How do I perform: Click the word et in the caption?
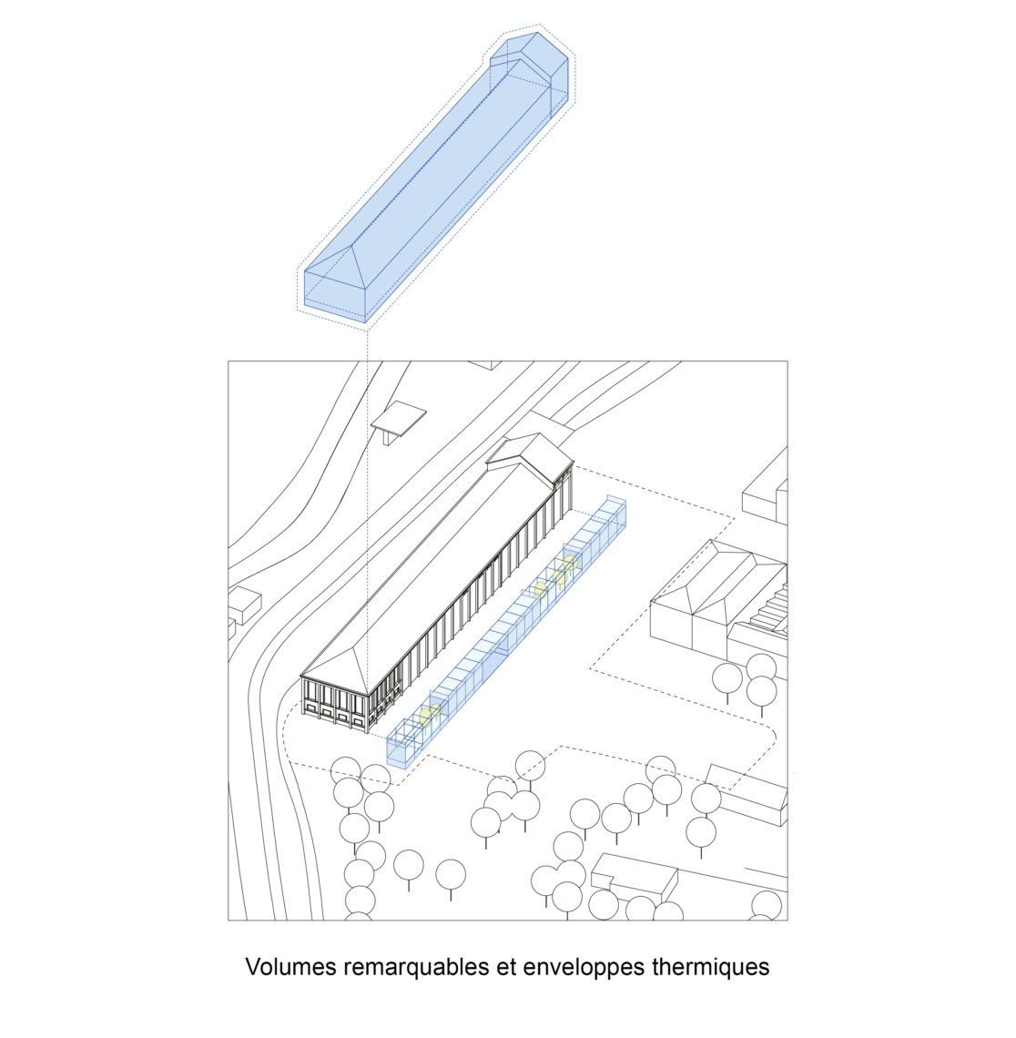click(x=506, y=967)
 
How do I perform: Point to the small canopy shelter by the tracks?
click(x=398, y=421)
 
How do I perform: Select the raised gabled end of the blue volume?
click(x=530, y=66)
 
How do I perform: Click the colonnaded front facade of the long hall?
click(x=334, y=705)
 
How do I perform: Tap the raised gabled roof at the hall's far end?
click(x=530, y=457)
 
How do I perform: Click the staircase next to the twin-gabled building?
click(x=771, y=609)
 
